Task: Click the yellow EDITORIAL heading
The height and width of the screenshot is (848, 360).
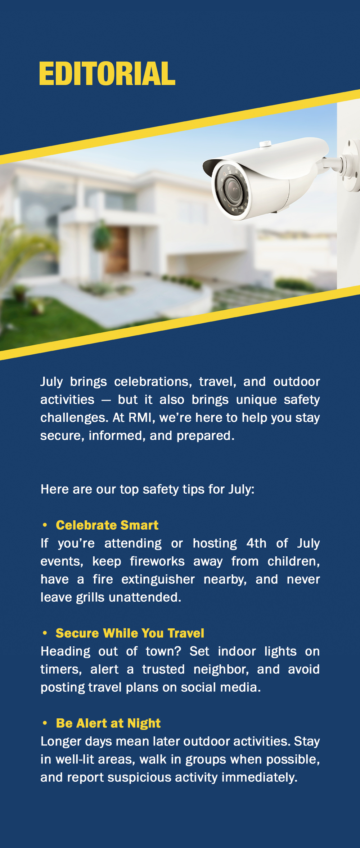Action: [x=107, y=73]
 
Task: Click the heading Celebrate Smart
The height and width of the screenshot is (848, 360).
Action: [x=107, y=525]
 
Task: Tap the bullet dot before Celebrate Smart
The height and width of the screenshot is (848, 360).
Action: [x=45, y=525]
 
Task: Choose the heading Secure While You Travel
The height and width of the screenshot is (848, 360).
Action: [x=130, y=633]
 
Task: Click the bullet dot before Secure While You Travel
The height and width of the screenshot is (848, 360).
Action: [x=45, y=633]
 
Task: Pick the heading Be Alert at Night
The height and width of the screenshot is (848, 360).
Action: [x=108, y=723]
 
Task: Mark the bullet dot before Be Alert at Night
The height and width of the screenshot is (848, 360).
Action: [x=45, y=723]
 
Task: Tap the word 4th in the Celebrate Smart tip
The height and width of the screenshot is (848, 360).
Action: [x=256, y=543]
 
